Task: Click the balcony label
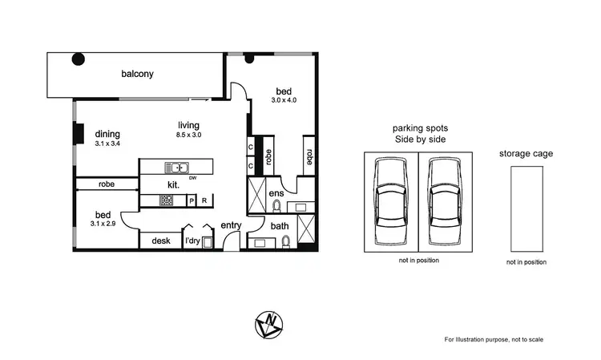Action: click(137, 75)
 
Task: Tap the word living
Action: click(188, 124)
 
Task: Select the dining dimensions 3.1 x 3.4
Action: click(107, 144)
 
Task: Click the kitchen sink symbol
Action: click(176, 168)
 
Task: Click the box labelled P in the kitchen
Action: click(192, 200)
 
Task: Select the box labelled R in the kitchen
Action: click(204, 200)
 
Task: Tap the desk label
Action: click(160, 241)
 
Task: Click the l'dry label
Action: click(192, 241)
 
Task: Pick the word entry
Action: click(231, 225)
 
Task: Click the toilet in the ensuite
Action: click(276, 206)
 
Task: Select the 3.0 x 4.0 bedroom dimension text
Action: click(284, 100)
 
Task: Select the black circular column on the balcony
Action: click(79, 59)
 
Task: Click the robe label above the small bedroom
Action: click(107, 184)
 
